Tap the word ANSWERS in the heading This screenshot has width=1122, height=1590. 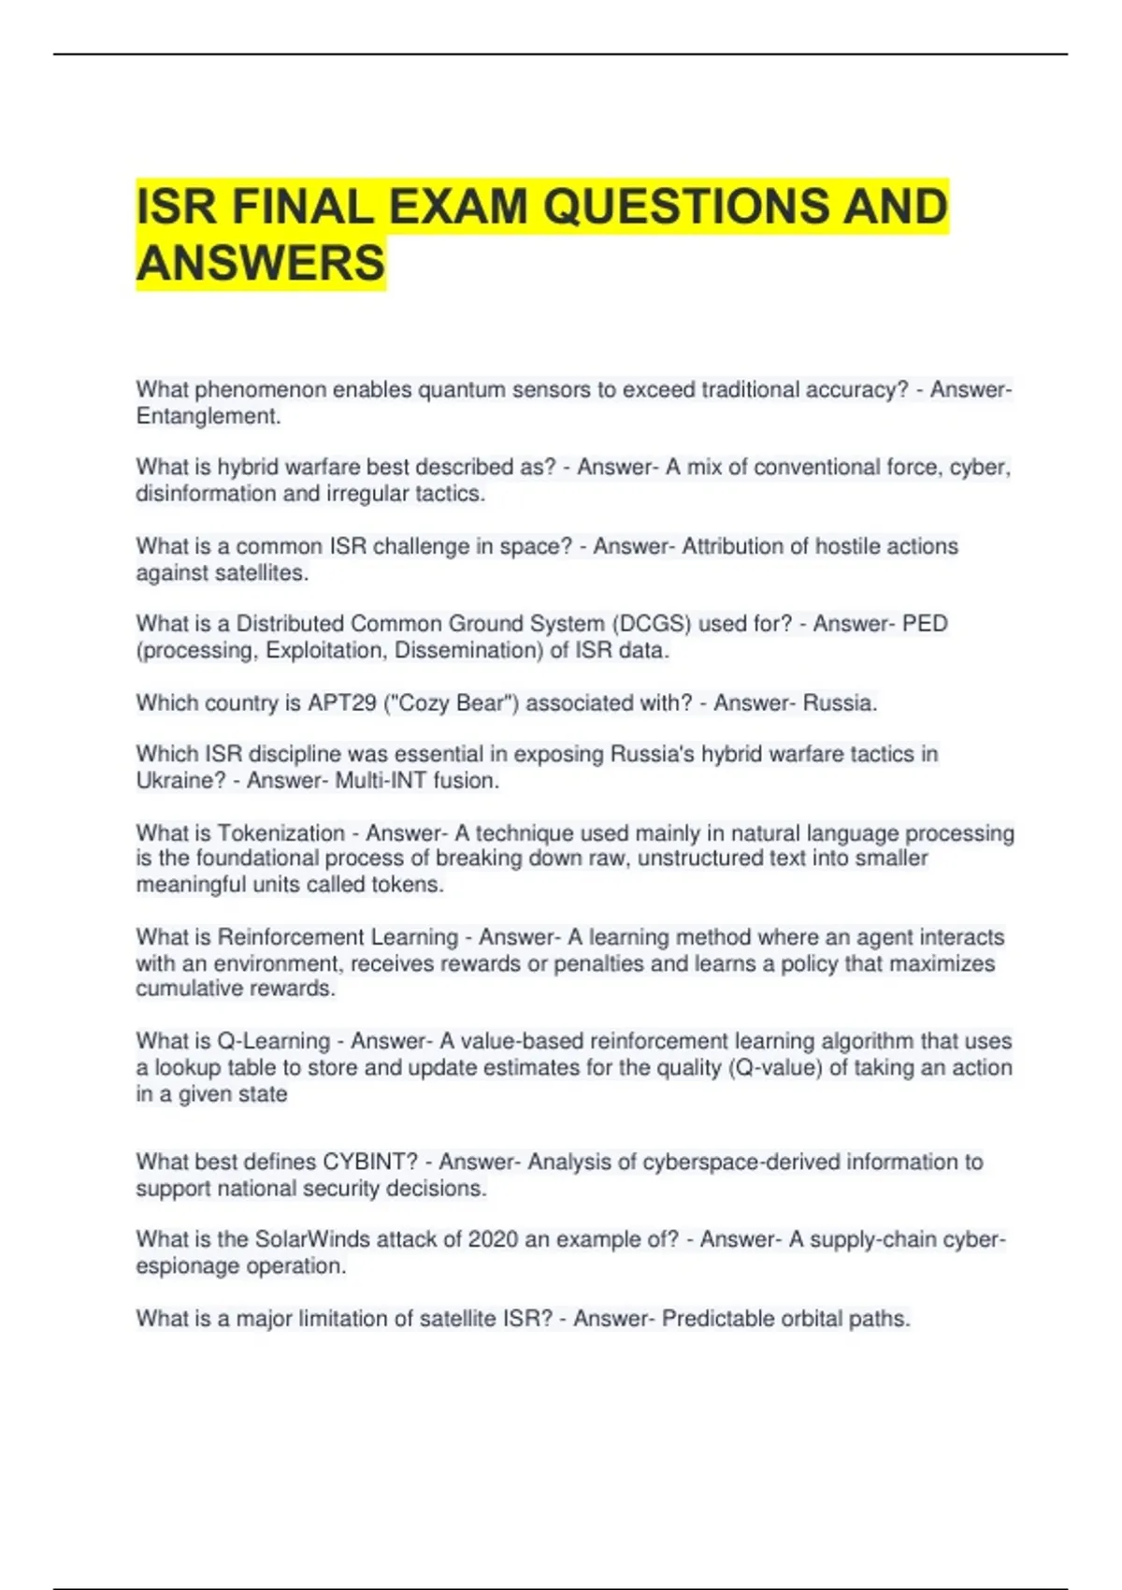(261, 263)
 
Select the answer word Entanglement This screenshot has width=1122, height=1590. (208, 416)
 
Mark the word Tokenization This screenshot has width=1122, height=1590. (281, 833)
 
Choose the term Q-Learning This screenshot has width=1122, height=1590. (274, 1041)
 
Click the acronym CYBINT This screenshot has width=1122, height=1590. (369, 1163)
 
